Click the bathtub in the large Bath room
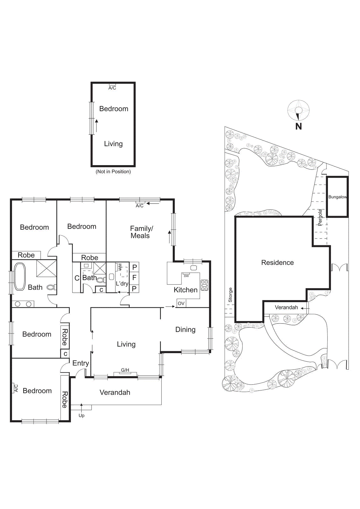(x=20, y=276)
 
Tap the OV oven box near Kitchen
(x=181, y=303)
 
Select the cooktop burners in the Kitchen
(x=204, y=285)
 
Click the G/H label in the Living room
(x=125, y=370)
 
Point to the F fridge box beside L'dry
(x=134, y=278)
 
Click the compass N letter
(x=298, y=126)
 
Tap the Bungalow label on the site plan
(x=337, y=197)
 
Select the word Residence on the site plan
(x=277, y=262)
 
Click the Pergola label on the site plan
(x=320, y=217)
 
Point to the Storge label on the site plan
(x=230, y=295)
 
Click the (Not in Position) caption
(x=113, y=171)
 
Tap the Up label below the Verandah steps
(x=81, y=415)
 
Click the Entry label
(x=80, y=363)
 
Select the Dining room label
(x=185, y=330)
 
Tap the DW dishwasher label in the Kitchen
(x=186, y=276)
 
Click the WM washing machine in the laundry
(x=120, y=267)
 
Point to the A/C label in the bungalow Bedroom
(x=112, y=88)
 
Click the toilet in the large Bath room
(x=51, y=287)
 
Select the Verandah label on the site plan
(x=286, y=307)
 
